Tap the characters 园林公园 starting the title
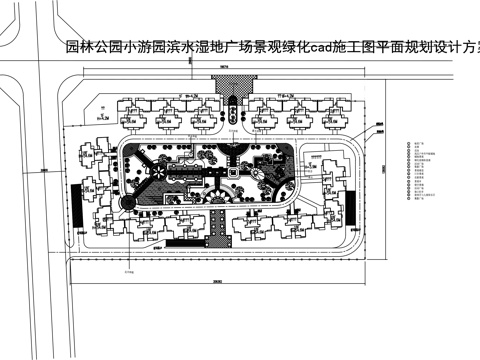pyautogui.click(x=88, y=46)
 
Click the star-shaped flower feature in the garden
pyautogui.click(x=156, y=171)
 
